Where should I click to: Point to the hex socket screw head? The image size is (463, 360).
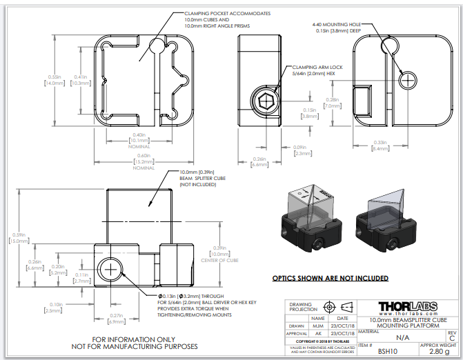[x=264, y=103]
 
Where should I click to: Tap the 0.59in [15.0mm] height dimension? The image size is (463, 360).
[x=19, y=237]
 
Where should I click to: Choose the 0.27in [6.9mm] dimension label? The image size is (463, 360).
[x=116, y=319]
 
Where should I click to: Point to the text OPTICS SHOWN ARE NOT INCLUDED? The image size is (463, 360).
[x=329, y=279]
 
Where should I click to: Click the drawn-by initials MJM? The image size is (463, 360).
[x=317, y=326]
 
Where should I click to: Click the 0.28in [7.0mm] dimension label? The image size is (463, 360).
[x=331, y=103]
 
